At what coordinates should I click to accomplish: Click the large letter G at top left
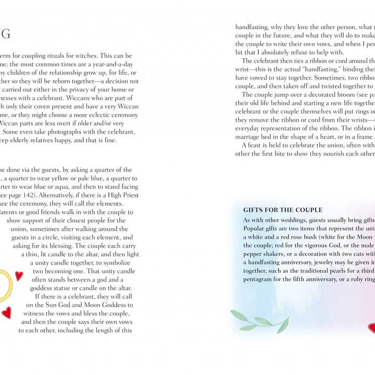pyautogui.click(x=5, y=35)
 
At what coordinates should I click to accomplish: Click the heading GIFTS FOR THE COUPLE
pyautogui.click(x=283, y=210)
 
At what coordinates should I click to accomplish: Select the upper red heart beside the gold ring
pyautogui.click(x=19, y=276)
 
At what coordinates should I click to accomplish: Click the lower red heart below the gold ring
pyautogui.click(x=6, y=312)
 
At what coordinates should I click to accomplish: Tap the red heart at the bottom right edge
pyautogui.click(x=371, y=328)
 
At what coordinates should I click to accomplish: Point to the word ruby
pyautogui.click(x=360, y=279)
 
